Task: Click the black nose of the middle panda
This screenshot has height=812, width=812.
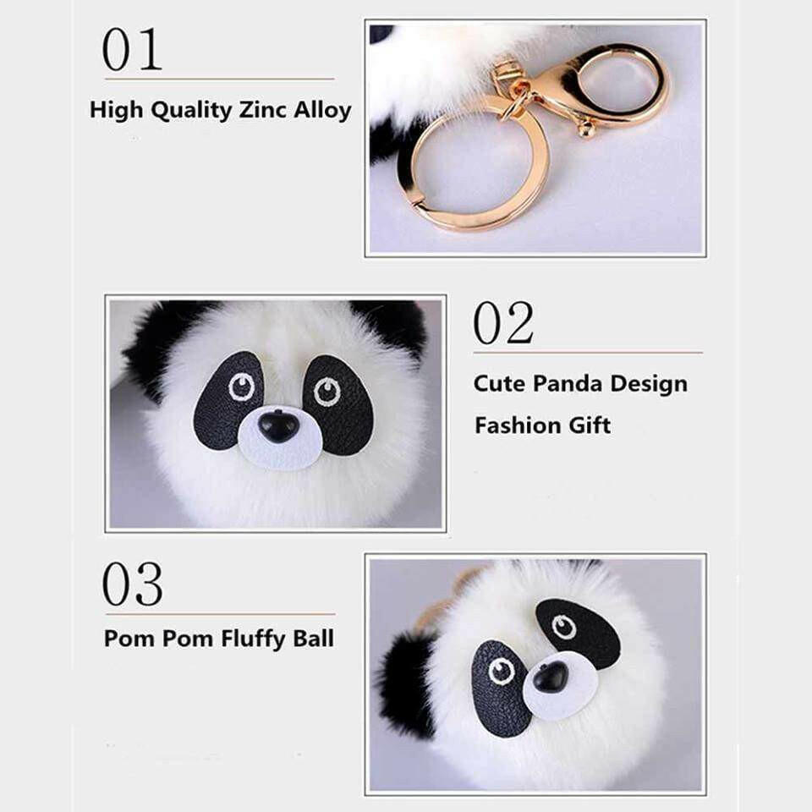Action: tap(277, 425)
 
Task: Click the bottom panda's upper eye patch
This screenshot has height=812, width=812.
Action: tap(577, 630)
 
